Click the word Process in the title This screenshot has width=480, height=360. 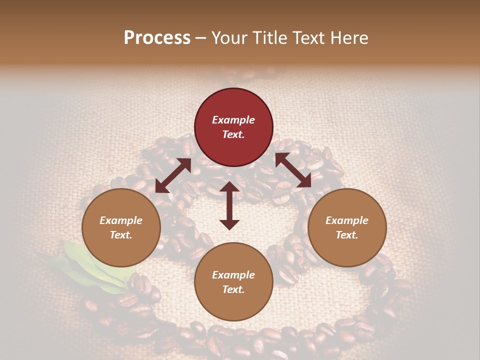tap(157, 38)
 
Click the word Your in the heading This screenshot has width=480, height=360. tap(230, 38)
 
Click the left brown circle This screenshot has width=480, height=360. tap(121, 227)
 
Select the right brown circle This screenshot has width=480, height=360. tap(347, 227)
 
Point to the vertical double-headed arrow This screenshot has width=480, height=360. tap(229, 205)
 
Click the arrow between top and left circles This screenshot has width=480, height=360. tap(173, 175)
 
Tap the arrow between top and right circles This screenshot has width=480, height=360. tap(293, 170)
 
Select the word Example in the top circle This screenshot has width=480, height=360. tap(233, 120)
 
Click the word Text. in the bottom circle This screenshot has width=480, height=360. tap(233, 289)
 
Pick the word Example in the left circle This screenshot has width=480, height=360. tap(121, 220)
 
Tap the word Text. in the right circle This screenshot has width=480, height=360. tap(347, 235)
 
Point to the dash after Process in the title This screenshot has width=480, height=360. tap(201, 38)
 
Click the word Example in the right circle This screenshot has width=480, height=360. tap(347, 220)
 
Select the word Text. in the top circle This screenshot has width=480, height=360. tap(233, 134)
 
